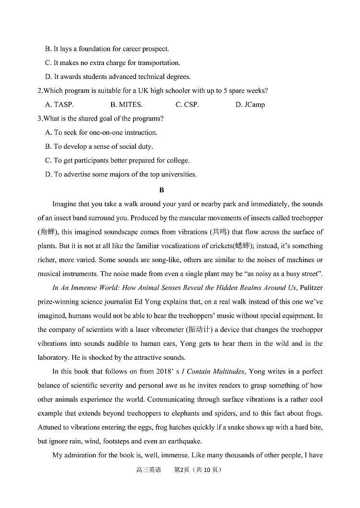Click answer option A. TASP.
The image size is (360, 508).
pyautogui.click(x=59, y=105)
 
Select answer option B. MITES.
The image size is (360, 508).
pyautogui.click(x=126, y=105)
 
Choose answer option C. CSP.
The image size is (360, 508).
pyautogui.click(x=187, y=105)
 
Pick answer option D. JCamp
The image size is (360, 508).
pyautogui.click(x=250, y=105)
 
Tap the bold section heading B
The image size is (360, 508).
pyautogui.click(x=161, y=190)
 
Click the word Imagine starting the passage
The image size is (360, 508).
pyautogui.click(x=66, y=204)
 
